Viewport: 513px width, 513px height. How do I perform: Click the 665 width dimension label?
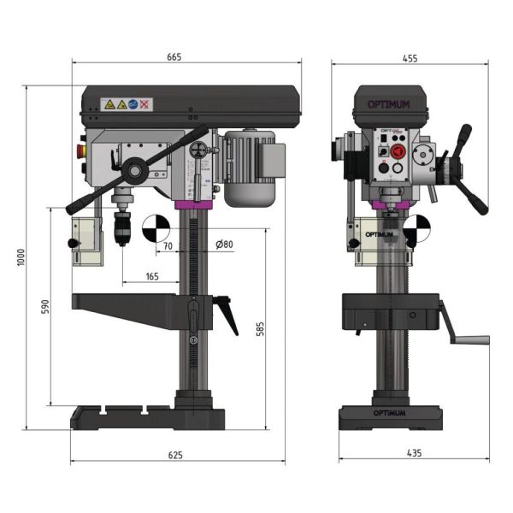pos(175,56)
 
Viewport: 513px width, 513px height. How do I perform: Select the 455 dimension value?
pos(410,58)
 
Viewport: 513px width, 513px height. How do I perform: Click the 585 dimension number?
pos(260,328)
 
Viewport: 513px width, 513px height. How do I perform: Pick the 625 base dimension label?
pos(175,455)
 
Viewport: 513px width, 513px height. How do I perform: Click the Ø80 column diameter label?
pos(225,245)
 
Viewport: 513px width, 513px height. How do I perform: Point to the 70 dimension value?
pos(167,245)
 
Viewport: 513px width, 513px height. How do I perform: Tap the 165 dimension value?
pos(151,276)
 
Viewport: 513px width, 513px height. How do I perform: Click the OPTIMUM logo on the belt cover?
pos(388,105)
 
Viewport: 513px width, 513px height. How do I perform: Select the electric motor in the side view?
pos(251,168)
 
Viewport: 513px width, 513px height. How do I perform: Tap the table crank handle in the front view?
pos(462,329)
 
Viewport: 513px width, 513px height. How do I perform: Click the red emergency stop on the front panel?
pos(397,152)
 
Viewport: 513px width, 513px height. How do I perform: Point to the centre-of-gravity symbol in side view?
pos(155,228)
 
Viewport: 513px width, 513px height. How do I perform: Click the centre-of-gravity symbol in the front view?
pos(416,228)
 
